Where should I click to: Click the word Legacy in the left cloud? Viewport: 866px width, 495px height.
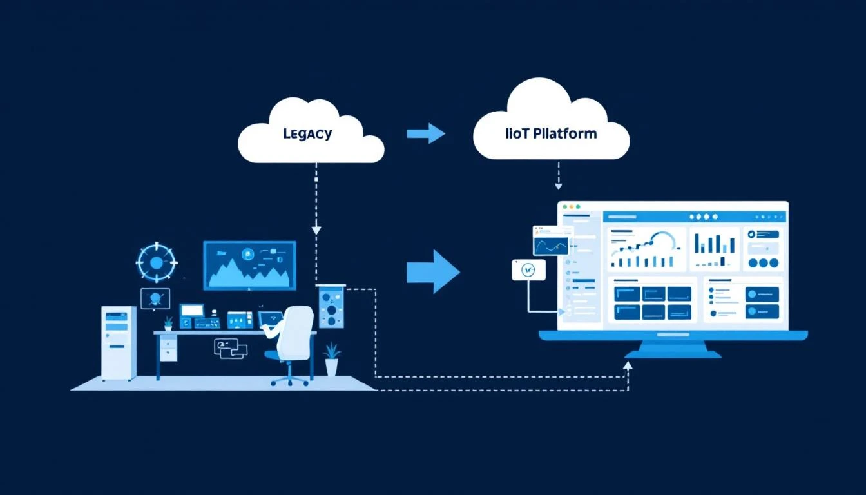click(307, 134)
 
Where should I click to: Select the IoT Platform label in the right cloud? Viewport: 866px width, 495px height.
click(551, 134)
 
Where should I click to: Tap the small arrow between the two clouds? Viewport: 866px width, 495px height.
click(426, 133)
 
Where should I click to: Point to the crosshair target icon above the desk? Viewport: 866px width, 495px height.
click(156, 262)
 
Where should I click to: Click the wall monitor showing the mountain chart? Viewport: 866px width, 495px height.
click(249, 265)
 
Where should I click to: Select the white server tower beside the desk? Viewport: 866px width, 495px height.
click(119, 342)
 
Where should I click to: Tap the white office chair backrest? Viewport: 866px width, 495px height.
click(297, 329)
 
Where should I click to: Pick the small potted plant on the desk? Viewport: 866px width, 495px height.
click(168, 322)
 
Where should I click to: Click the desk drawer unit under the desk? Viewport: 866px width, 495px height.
click(168, 349)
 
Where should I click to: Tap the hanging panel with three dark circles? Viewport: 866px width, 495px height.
click(331, 307)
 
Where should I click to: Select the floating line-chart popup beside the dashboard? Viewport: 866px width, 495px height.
click(551, 240)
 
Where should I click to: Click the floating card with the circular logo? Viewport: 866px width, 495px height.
click(528, 270)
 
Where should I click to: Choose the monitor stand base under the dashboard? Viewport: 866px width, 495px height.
click(672, 353)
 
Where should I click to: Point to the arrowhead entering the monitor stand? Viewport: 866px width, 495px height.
click(628, 365)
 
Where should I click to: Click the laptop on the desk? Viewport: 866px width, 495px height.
click(270, 319)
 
